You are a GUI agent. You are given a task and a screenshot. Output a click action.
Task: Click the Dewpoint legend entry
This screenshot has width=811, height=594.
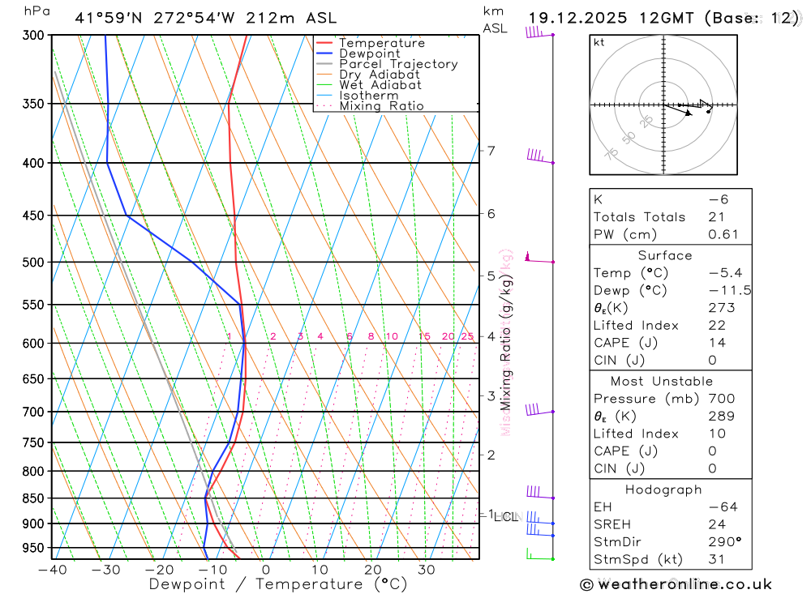coord(369,53)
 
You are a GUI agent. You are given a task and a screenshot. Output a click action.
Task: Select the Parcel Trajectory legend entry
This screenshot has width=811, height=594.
coord(398,64)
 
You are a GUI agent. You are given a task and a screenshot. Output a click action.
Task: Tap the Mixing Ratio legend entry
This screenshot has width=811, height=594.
coord(381,106)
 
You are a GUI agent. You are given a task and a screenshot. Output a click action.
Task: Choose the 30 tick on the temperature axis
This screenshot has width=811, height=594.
coord(426,570)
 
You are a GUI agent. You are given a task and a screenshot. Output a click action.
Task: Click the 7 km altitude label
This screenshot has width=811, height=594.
coord(491,151)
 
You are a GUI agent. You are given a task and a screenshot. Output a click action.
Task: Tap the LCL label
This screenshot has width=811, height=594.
coord(505,517)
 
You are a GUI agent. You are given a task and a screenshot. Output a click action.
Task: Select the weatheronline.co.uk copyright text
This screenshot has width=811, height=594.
coord(676,584)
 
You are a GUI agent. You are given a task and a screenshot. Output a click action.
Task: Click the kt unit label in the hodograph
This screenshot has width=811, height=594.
coord(599,42)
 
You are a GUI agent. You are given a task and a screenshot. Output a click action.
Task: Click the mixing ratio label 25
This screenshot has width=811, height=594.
coord(467,336)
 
